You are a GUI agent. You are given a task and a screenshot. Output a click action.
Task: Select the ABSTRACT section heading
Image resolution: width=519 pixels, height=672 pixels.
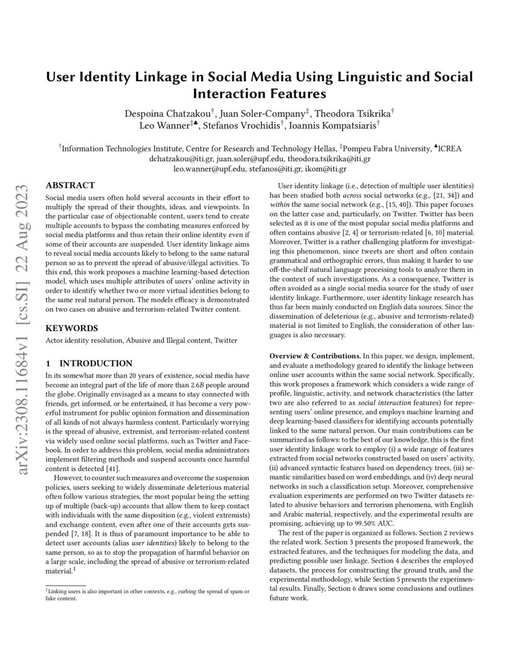[x=70, y=185]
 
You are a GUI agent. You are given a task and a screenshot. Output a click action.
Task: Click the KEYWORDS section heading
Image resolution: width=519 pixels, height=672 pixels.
[x=71, y=328]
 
